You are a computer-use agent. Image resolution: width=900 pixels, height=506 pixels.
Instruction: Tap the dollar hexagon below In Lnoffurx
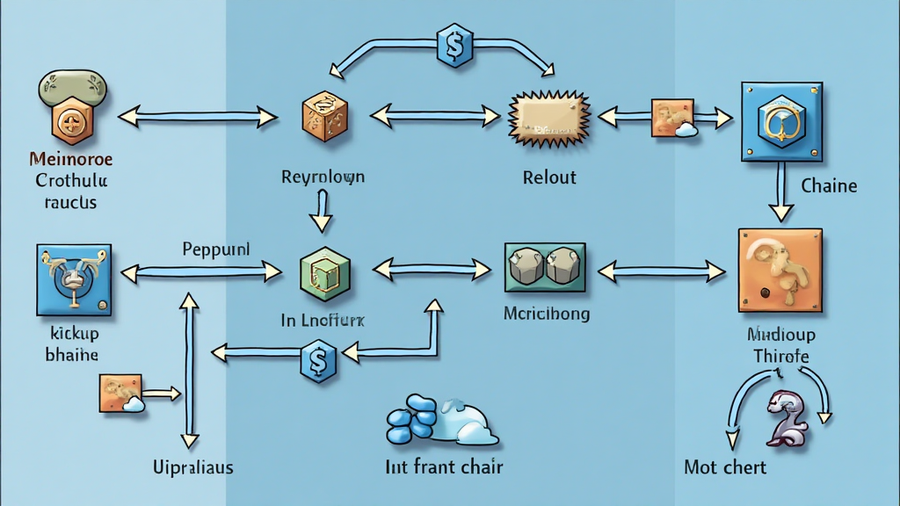(x=318, y=360)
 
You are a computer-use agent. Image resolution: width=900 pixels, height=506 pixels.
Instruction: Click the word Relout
(x=549, y=177)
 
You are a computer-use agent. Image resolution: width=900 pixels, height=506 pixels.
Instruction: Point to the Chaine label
(x=829, y=186)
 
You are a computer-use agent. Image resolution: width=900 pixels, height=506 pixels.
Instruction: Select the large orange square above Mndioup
(x=780, y=270)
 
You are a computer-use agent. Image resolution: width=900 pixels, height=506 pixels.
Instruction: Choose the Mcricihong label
(x=547, y=313)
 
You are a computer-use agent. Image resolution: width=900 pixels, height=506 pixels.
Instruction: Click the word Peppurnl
(x=216, y=249)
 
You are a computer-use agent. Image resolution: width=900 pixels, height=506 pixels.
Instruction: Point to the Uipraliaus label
(x=192, y=467)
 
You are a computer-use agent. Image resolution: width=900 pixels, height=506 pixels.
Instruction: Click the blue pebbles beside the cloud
(x=412, y=420)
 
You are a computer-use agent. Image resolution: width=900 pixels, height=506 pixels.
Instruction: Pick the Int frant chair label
(x=444, y=466)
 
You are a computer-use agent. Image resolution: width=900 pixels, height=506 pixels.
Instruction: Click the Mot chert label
(x=724, y=467)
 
